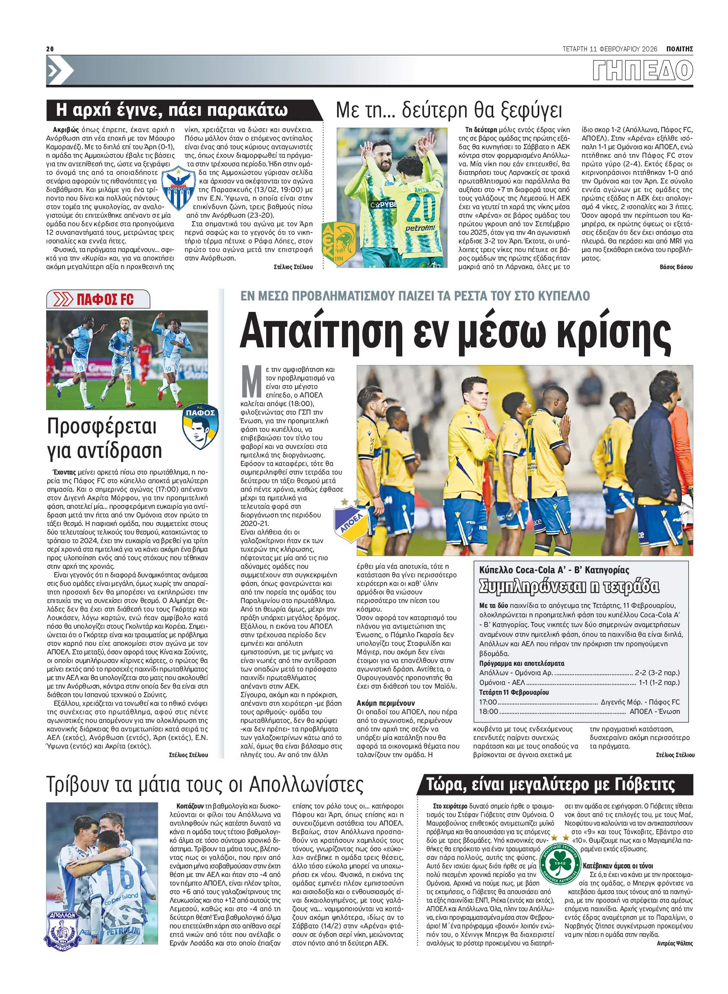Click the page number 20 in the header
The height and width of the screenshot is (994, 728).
pyautogui.click(x=50, y=49)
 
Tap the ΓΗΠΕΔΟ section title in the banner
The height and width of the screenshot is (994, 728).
pyautogui.click(x=642, y=71)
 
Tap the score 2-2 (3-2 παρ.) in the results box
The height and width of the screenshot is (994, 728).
pyautogui.click(x=657, y=672)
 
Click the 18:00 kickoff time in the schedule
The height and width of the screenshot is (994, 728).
pyautogui.click(x=489, y=711)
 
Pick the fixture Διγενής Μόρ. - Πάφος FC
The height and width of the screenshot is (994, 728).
pyautogui.click(x=640, y=701)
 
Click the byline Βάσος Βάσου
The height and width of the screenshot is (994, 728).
pyautogui.click(x=675, y=267)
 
